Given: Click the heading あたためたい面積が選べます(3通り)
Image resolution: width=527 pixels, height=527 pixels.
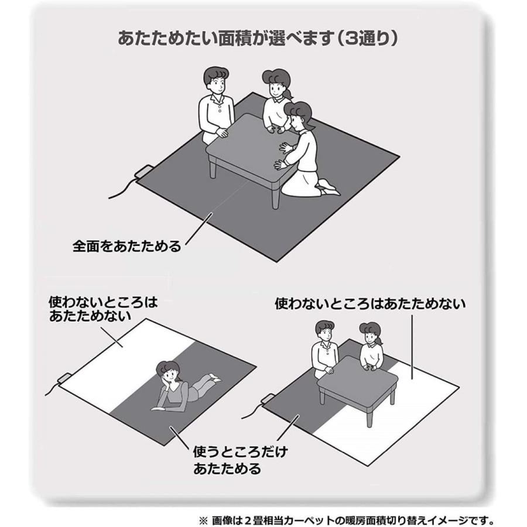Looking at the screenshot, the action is pos(258,37).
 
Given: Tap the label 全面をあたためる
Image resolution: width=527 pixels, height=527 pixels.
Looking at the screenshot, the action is pos(127,246).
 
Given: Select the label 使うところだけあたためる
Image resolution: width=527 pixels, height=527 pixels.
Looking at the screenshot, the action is pos(241,460).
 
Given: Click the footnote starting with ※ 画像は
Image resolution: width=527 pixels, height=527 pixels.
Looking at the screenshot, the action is pos(346,521).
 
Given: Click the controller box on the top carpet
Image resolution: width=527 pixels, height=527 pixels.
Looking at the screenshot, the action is pos(145,172).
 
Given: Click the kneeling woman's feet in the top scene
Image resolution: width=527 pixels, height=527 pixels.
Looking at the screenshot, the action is pos(328,187).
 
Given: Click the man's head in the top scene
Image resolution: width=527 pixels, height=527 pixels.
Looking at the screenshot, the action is pos(215,81).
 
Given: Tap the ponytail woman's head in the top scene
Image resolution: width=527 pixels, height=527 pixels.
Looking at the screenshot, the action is pos(276,84).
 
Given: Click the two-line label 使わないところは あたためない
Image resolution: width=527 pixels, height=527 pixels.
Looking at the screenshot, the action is pos(103,309).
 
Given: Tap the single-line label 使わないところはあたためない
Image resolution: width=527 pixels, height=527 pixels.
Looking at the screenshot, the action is pos(370,303).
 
